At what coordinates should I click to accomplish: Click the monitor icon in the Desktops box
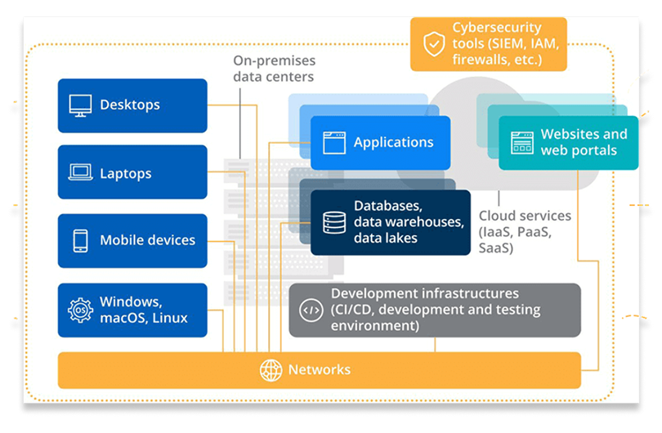click(x=80, y=105)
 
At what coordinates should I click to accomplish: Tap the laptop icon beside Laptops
click(x=80, y=173)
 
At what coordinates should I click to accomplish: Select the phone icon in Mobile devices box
click(x=80, y=240)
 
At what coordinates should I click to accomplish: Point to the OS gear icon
click(x=80, y=310)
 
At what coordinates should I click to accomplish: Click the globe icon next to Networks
click(x=271, y=370)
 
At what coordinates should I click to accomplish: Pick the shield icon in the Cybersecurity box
click(x=433, y=42)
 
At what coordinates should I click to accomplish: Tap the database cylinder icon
click(x=334, y=222)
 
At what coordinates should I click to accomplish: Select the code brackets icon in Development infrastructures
click(x=311, y=310)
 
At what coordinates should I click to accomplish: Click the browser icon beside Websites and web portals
click(x=521, y=143)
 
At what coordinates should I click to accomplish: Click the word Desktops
click(x=130, y=105)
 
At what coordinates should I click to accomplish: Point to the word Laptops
click(x=126, y=173)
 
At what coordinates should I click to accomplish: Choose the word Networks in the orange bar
click(x=319, y=370)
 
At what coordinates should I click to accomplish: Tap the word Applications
click(x=393, y=143)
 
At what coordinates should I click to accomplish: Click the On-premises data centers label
click(x=274, y=69)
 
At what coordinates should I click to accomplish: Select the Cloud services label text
click(x=523, y=216)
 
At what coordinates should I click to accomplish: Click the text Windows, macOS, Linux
click(x=144, y=310)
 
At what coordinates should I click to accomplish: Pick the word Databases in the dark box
click(x=387, y=206)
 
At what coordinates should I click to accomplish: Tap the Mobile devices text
click(x=147, y=240)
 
